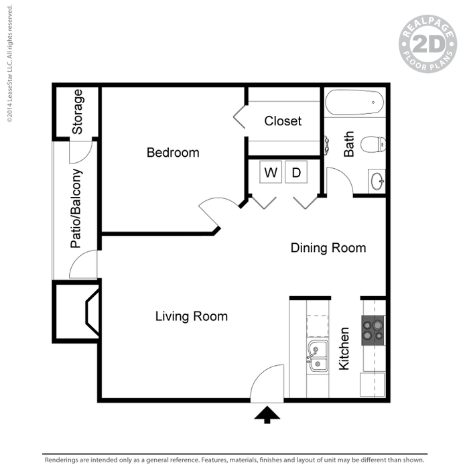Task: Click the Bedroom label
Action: click(x=173, y=153)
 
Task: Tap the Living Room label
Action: click(x=192, y=316)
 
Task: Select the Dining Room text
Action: click(x=328, y=248)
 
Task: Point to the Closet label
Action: click(x=283, y=121)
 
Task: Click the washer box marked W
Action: click(x=271, y=172)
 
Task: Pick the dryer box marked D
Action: click(x=296, y=172)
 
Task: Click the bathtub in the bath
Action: click(x=354, y=103)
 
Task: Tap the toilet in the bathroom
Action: click(x=373, y=144)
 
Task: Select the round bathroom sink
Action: click(x=377, y=182)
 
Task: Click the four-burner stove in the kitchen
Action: click(x=373, y=330)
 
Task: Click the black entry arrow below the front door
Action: click(x=267, y=415)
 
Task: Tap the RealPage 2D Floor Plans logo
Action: click(x=427, y=44)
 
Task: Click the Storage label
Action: click(x=77, y=112)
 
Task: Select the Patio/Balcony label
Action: click(x=76, y=208)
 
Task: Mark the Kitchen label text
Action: click(x=344, y=348)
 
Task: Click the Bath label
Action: click(x=349, y=144)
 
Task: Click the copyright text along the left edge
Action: click(x=9, y=64)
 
